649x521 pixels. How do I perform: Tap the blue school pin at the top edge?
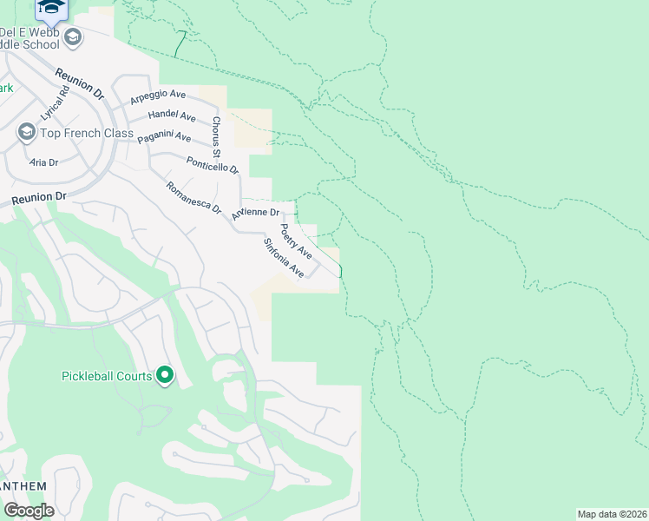[x=53, y=8]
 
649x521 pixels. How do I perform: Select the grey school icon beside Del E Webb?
[x=73, y=36]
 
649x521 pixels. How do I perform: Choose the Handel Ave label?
[x=172, y=115]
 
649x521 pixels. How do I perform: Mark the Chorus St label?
[x=216, y=131]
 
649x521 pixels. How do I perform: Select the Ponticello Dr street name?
[x=212, y=163]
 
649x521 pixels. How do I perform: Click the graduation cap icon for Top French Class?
[x=26, y=133]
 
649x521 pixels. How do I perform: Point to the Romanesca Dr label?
[x=193, y=198]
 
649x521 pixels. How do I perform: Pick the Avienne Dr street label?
[x=256, y=212]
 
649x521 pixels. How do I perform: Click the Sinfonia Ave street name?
[x=284, y=259]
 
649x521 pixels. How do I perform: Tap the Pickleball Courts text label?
[x=106, y=376]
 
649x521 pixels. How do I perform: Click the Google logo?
[x=29, y=511]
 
